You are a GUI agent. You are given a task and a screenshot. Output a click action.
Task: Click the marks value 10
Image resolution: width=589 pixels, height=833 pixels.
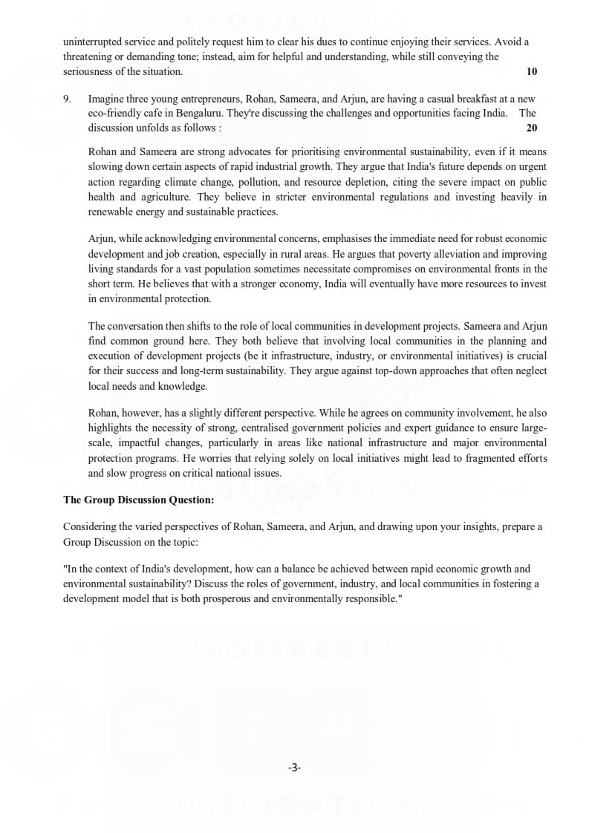point(531,72)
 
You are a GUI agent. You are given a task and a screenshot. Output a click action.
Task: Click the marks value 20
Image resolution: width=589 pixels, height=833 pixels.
point(531,127)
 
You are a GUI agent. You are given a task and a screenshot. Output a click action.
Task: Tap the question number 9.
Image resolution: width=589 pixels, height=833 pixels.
point(68,99)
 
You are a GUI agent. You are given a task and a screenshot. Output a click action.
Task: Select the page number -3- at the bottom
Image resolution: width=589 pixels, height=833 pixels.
point(294,768)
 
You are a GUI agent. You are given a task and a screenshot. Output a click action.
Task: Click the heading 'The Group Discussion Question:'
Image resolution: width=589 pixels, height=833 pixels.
point(128,500)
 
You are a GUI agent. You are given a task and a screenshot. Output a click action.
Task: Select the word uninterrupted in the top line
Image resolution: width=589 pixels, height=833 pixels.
point(92,42)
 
